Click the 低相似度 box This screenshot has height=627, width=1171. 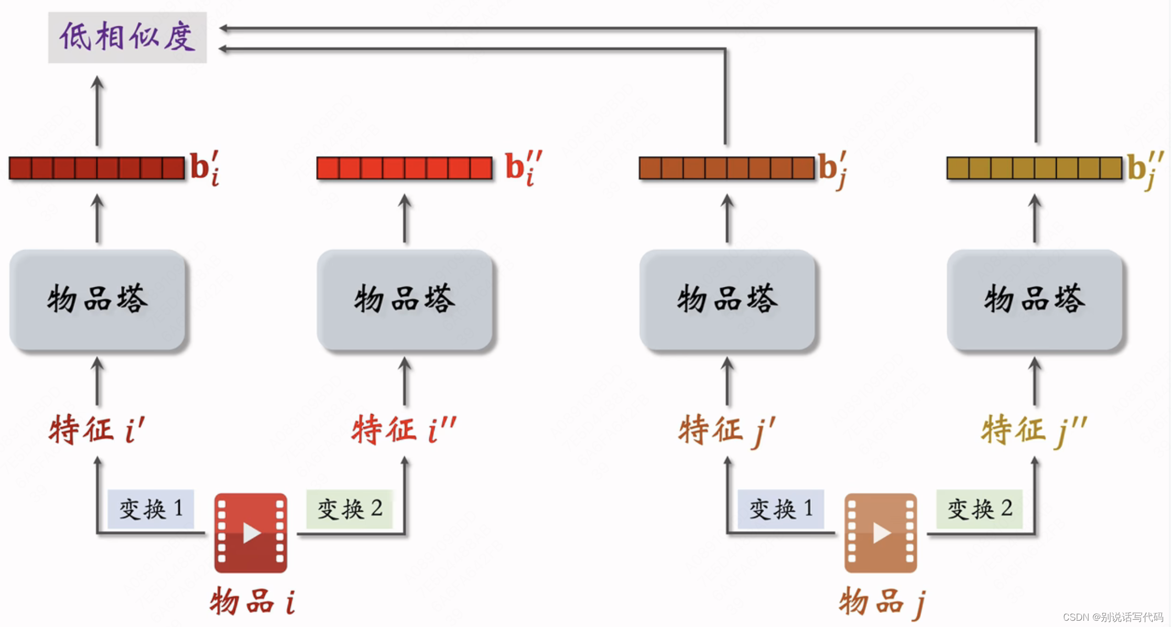point(127,38)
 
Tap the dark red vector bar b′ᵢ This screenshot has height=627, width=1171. point(97,168)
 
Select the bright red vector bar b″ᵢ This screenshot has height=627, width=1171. point(404,168)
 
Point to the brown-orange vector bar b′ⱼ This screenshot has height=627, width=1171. point(727,168)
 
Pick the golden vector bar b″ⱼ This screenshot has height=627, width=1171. point(1034,168)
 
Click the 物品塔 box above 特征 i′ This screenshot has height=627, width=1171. point(97,300)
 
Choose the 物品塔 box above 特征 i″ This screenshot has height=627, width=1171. point(405,300)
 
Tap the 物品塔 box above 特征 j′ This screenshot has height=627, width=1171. point(727,300)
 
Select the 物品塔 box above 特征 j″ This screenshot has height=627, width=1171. point(1035,300)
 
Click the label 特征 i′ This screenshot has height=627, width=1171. point(97,430)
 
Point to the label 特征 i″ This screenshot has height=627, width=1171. point(404,430)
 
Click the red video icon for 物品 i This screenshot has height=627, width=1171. point(251,533)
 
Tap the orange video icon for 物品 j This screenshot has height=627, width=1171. point(881,533)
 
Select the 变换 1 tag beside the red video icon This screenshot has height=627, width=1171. point(151,509)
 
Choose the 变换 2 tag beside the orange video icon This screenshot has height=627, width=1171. point(979,509)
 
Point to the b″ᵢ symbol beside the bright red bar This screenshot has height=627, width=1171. point(523,168)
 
